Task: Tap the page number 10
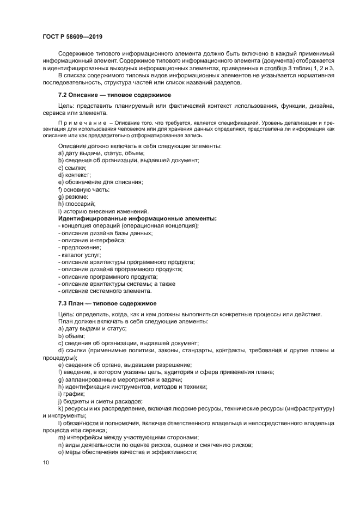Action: click(x=45, y=462)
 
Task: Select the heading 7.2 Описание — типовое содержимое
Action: click(x=115, y=95)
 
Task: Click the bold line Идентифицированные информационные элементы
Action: click(x=137, y=218)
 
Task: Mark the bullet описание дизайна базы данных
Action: click(x=105, y=233)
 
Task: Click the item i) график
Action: click(x=71, y=393)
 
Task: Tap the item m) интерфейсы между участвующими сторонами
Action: click(x=128, y=437)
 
